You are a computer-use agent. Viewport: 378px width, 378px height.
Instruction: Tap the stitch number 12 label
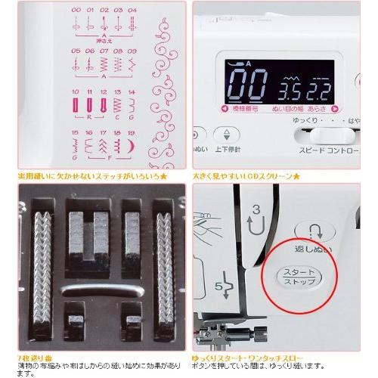(x=104, y=91)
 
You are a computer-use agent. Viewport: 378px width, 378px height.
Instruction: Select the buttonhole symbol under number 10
(x=76, y=104)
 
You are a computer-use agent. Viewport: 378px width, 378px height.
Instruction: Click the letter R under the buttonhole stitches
(x=90, y=118)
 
